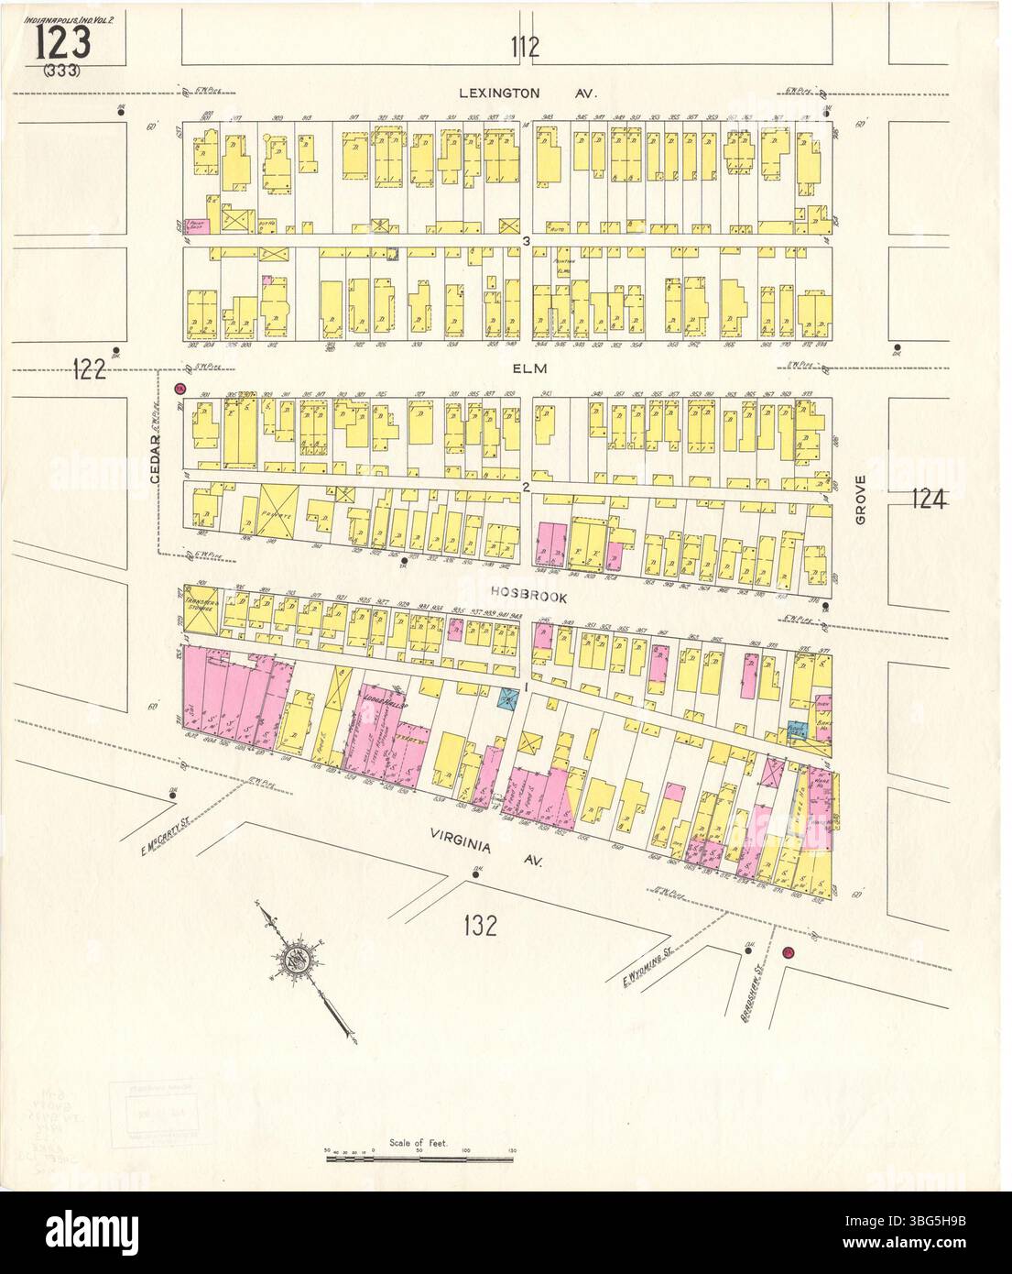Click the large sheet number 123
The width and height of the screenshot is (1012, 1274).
pos(64,41)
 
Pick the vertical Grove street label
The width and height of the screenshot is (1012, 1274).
pos(860,503)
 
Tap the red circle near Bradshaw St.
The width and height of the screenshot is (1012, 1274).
pos(787,953)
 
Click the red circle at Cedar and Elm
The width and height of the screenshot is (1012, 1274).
pos(180,390)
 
